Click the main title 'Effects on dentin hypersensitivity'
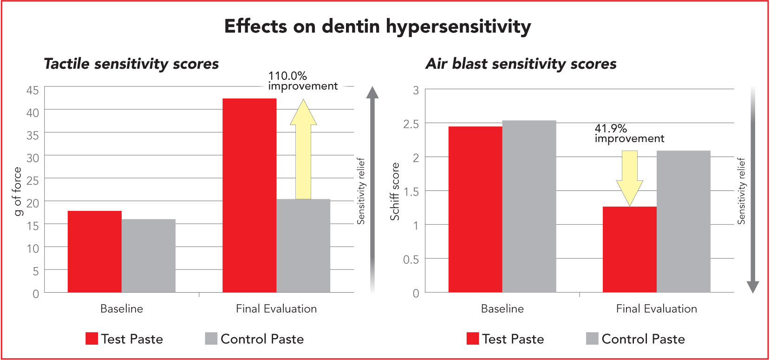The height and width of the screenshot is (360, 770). pos(377,26)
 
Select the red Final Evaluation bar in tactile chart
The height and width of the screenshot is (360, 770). pos(249,195)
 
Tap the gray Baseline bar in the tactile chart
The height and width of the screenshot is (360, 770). pos(149,255)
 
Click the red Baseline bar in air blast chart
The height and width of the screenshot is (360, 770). pos(475,209)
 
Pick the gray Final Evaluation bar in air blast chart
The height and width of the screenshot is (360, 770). pos(683,221)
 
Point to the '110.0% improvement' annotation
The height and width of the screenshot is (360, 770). pos(302,81)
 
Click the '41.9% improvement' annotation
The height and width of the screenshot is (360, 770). pos(629,133)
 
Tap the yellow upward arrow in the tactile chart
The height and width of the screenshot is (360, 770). pos(303,153)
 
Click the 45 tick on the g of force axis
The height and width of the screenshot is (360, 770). pos(33,90)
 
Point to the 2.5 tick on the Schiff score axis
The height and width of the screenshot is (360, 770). pos(411,124)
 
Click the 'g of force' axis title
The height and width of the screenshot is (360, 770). pos(18,191)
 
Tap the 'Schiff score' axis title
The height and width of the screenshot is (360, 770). pos(395,191)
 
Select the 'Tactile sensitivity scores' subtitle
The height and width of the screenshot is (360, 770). pos(131,64)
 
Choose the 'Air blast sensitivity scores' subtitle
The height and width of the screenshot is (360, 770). pos(521,64)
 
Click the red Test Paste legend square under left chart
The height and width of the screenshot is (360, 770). pos(91,339)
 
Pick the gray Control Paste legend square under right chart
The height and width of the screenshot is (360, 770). pos(592,339)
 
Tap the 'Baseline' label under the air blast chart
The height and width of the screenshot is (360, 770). pos(502,308)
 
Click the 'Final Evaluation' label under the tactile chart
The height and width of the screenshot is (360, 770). pos(276,308)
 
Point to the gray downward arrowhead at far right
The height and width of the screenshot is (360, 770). pos(752,287)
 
